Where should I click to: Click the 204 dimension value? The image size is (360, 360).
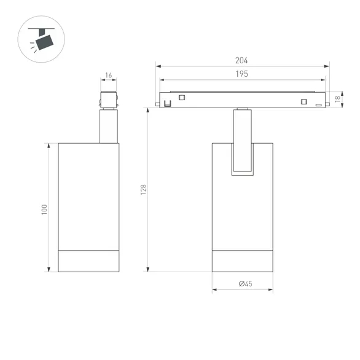pos(241,61)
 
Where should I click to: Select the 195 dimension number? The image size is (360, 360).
pos(241,74)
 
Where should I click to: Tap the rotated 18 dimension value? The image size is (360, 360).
pos(338,99)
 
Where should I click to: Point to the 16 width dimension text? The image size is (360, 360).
pos(109,76)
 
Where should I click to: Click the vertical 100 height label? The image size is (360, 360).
pos(44,209)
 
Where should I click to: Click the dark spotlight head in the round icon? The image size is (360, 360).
pos(45,41)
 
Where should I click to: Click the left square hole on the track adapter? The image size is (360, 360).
pos(181,96)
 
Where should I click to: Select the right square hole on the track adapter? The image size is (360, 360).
pos(302,101)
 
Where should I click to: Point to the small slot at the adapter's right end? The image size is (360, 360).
pos(318,106)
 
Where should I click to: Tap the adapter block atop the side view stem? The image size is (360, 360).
pos(109,99)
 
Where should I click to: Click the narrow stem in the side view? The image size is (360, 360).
pos(109,126)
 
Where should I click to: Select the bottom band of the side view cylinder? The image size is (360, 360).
pos(88,261)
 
